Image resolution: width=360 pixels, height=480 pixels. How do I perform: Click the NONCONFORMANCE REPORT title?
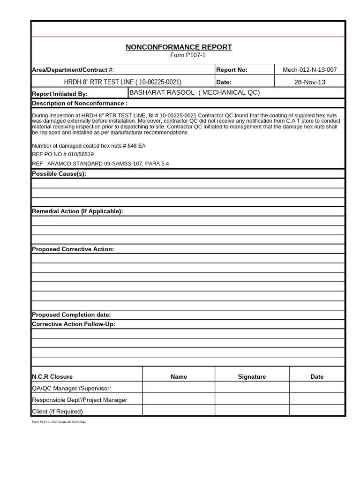tap(179, 47)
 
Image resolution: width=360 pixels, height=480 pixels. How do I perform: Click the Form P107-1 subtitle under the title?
tap(187, 55)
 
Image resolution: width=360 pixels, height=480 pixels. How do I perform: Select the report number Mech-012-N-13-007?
tap(309, 70)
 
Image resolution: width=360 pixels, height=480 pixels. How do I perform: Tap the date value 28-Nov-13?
tap(309, 82)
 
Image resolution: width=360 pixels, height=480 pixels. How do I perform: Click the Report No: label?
tap(232, 70)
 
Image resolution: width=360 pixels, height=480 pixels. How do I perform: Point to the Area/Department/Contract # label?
tap(73, 70)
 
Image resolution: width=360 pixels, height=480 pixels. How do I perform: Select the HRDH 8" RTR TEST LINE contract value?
tap(122, 82)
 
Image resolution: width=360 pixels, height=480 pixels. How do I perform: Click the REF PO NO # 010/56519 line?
tap(63, 154)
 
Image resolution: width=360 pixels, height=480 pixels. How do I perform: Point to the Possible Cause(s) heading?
tap(59, 174)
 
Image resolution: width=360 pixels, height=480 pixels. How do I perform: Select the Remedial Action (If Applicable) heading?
tap(77, 211)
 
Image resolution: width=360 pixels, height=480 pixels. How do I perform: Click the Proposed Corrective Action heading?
tap(73, 249)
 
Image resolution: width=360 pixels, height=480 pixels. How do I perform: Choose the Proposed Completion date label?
tap(71, 315)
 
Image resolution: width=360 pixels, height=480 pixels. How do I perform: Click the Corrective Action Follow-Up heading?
tap(74, 324)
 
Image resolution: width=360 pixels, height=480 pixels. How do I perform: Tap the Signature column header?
tap(252, 376)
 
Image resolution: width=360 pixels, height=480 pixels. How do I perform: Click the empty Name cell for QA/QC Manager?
tap(179, 388)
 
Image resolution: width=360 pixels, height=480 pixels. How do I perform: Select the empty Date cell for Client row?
tap(317, 411)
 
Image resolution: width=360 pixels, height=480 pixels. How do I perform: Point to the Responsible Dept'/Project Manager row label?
tap(79, 400)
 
